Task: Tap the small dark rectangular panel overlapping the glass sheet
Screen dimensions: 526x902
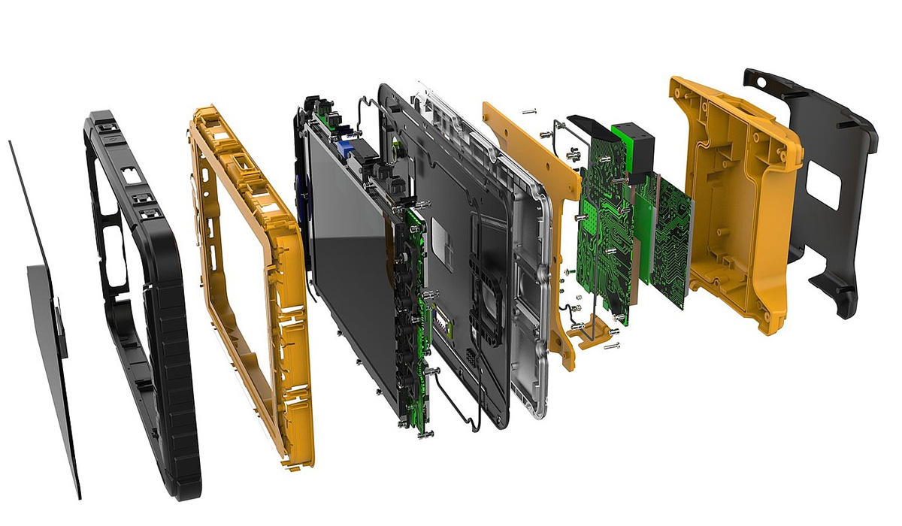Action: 45,316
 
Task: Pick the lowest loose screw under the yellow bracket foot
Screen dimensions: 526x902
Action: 613,346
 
